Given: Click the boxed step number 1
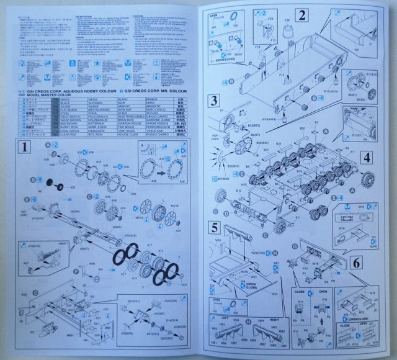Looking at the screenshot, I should click(x=23, y=148).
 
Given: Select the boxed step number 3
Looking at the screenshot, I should click(x=213, y=101).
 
